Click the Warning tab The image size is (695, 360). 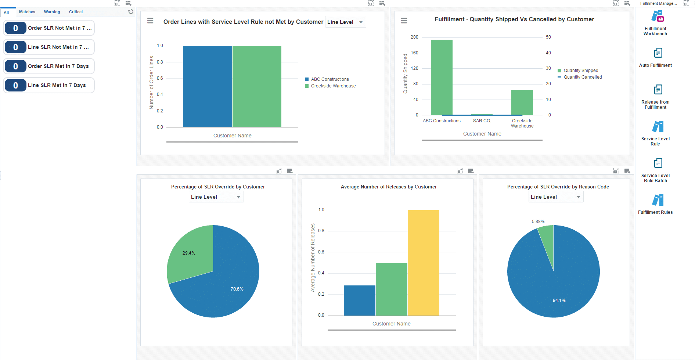pyautogui.click(x=52, y=12)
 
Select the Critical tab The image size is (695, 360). pyautogui.click(x=76, y=12)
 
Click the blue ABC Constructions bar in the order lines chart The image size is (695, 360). pyautogui.click(x=207, y=86)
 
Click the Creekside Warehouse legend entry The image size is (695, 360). pyautogui.click(x=333, y=86)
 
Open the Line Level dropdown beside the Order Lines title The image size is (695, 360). pyautogui.click(x=345, y=22)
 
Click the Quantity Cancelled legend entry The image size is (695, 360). pyautogui.click(x=582, y=77)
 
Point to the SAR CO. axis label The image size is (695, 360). pyautogui.click(x=482, y=121)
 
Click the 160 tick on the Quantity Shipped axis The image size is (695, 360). pyautogui.click(x=414, y=53)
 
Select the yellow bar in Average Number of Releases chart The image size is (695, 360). pyautogui.click(x=423, y=263)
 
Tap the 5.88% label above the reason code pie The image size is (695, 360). pyautogui.click(x=538, y=222)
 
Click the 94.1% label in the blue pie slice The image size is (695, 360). pyautogui.click(x=559, y=300)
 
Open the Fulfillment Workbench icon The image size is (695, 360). pyautogui.click(x=658, y=17)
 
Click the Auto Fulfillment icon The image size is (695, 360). pyautogui.click(x=658, y=53)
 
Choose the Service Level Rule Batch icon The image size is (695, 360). pyautogui.click(x=658, y=163)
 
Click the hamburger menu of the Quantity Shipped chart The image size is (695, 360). pyautogui.click(x=404, y=21)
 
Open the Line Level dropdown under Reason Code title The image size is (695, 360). pyautogui.click(x=556, y=197)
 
